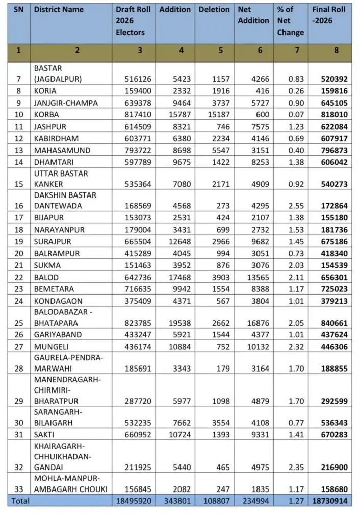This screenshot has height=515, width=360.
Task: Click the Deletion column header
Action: click(214, 10)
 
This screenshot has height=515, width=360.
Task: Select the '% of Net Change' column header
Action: click(291, 21)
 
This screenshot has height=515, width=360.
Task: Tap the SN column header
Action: click(18, 10)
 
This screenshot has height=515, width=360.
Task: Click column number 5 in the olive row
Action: click(214, 50)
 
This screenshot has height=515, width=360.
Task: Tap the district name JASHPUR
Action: click(50, 126)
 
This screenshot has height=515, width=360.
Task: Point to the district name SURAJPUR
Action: click(53, 241)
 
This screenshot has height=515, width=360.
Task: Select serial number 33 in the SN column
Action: click(19, 489)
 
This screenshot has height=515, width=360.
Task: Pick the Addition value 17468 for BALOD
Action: click(178, 278)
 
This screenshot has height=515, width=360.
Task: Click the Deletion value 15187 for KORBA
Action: click(218, 114)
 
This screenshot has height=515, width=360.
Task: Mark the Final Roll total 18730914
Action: click(330, 501)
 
